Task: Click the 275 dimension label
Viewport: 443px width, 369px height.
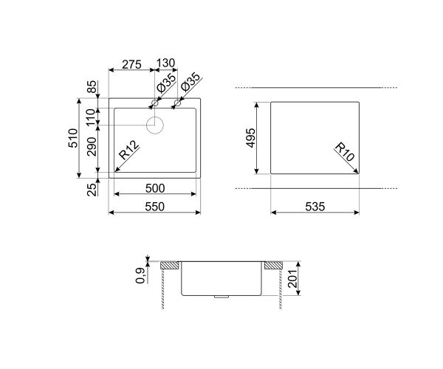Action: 131,64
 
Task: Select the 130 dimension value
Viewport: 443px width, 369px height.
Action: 166,63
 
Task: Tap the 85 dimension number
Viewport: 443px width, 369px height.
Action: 92,86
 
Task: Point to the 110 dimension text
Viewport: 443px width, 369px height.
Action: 92,117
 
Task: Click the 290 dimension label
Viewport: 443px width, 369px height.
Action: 92,147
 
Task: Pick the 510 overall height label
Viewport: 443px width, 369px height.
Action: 72,138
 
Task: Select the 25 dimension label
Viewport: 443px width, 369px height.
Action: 92,190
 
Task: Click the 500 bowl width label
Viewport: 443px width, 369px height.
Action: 155,188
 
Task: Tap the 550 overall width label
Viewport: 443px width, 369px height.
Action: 155,207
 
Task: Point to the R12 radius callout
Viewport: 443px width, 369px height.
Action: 128,150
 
